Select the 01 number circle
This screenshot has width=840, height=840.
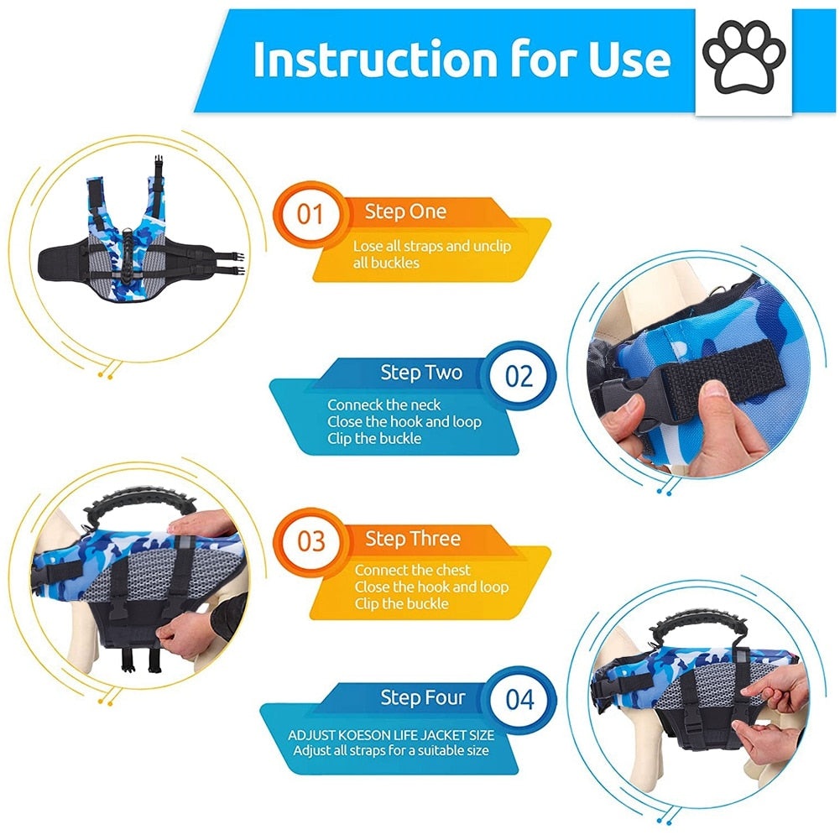310,214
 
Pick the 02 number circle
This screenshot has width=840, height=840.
519,376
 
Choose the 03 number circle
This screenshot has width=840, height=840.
310,541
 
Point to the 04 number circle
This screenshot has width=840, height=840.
519,700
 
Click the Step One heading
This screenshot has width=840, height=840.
405,211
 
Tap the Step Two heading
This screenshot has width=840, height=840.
421,373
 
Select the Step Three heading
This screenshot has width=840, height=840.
413,539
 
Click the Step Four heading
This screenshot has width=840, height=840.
423,697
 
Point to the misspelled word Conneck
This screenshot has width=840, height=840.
355,404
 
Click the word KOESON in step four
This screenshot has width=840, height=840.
366,734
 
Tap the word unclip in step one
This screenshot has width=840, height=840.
493,247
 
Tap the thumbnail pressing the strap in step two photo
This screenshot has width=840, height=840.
712,389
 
